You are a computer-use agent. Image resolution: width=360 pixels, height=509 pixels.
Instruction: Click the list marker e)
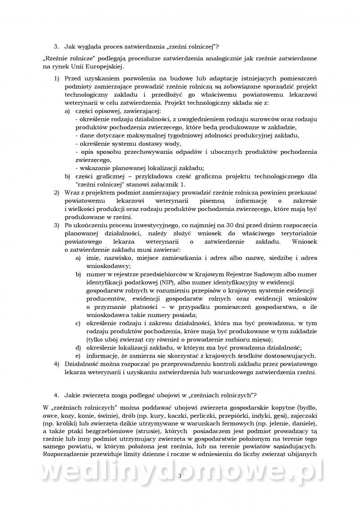click(77, 355)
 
